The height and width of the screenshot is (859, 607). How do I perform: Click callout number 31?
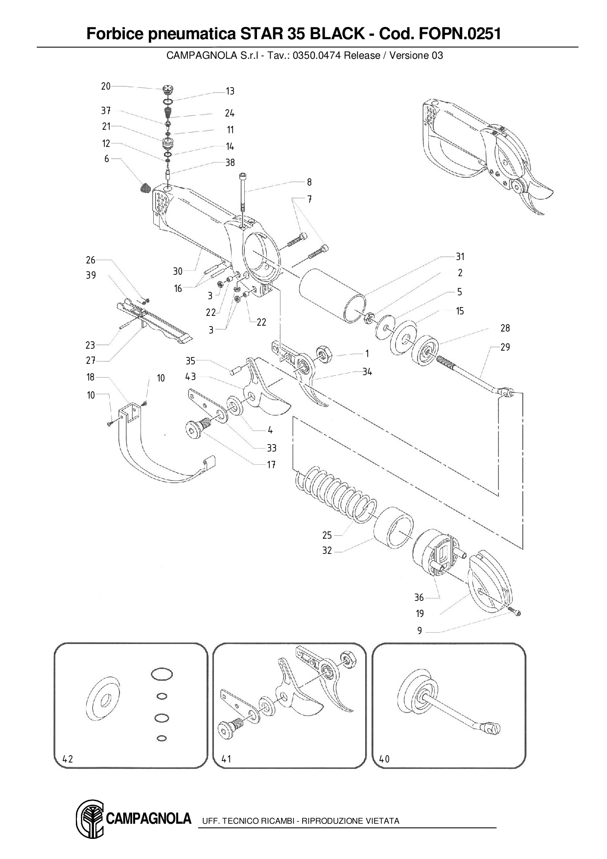[460, 257]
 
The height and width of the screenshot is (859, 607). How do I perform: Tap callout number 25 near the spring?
[327, 535]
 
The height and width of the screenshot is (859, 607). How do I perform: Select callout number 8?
[309, 182]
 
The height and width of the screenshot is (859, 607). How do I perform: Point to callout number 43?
[190, 377]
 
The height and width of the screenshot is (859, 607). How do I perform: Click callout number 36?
[419, 597]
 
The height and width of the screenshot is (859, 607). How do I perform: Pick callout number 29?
[505, 347]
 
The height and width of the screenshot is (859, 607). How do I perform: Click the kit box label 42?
[68, 759]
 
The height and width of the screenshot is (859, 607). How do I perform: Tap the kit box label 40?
[385, 759]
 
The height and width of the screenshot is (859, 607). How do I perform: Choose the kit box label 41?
[226, 759]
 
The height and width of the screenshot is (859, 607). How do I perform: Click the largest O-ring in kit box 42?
[162, 674]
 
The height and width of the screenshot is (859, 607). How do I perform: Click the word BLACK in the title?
[337, 34]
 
